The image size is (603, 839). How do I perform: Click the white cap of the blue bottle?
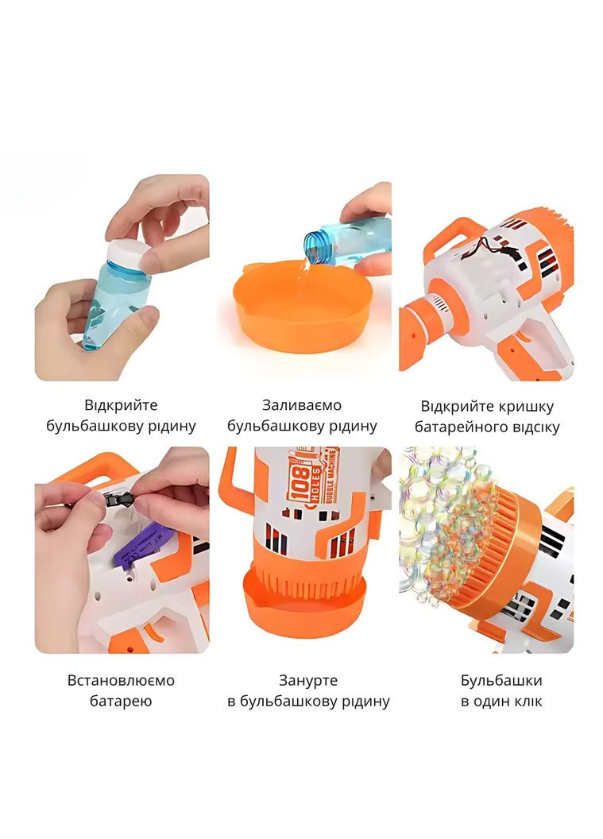pyautogui.click(x=127, y=255)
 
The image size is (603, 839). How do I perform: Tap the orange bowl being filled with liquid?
pyautogui.click(x=303, y=304)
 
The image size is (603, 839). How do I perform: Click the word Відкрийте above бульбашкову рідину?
pyautogui.click(x=121, y=405)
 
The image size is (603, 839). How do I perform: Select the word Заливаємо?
pyautogui.click(x=302, y=405)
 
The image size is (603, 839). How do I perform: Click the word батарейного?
pyautogui.click(x=453, y=427)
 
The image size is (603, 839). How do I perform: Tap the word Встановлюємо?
pyautogui.click(x=121, y=681)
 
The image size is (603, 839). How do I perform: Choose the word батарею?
pyautogui.click(x=121, y=701)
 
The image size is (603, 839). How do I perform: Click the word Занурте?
pyautogui.click(x=308, y=681)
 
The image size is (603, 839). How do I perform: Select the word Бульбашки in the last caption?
pyautogui.click(x=501, y=681)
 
